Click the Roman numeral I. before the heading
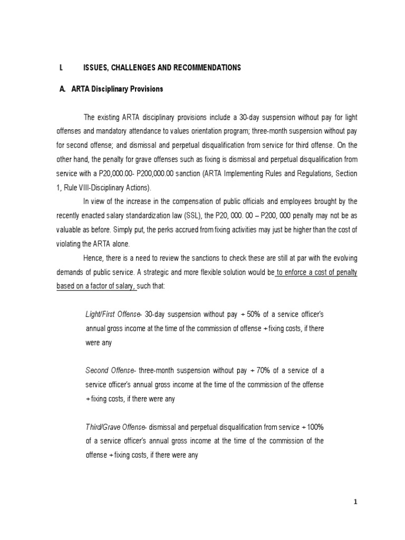[62, 67]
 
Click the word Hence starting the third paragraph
[93, 257]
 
